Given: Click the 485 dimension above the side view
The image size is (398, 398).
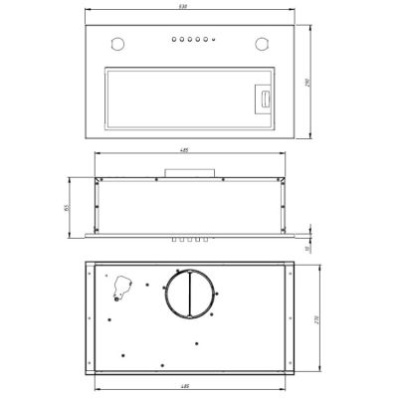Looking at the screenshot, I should (x=184, y=151).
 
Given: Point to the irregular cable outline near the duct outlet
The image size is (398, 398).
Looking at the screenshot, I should (x=121, y=287).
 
